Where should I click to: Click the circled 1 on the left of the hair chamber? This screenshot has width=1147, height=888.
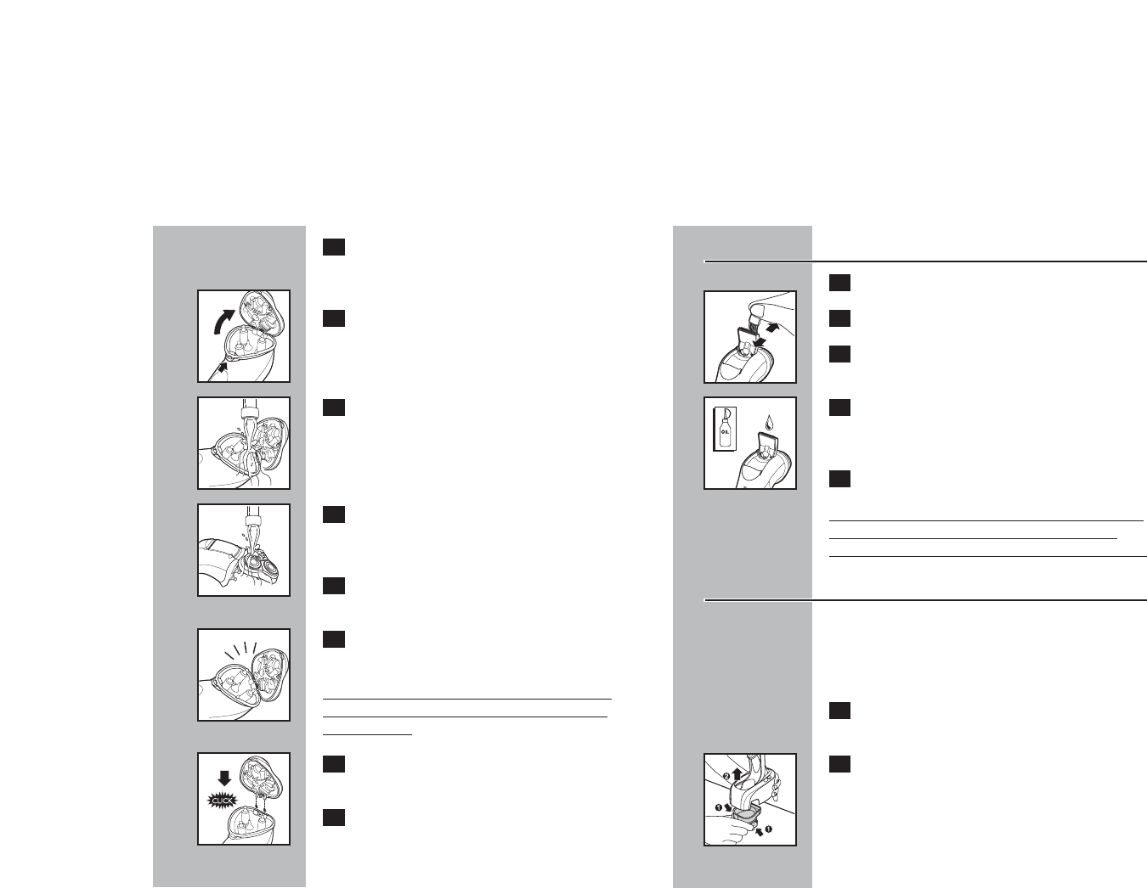pyautogui.click(x=717, y=807)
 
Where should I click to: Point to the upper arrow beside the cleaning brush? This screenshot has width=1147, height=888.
pyautogui.click(x=771, y=325)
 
